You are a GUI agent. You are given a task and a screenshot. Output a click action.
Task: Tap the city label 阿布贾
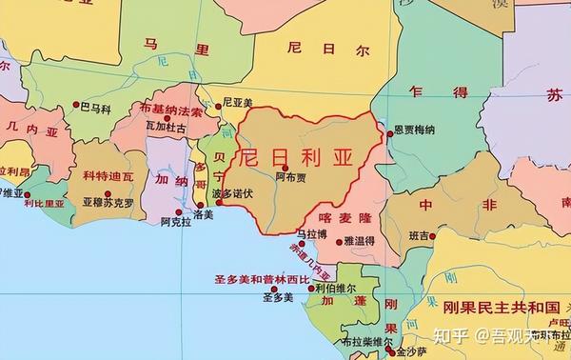[290, 177]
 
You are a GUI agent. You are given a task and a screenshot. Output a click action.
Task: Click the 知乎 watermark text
[447, 335]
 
